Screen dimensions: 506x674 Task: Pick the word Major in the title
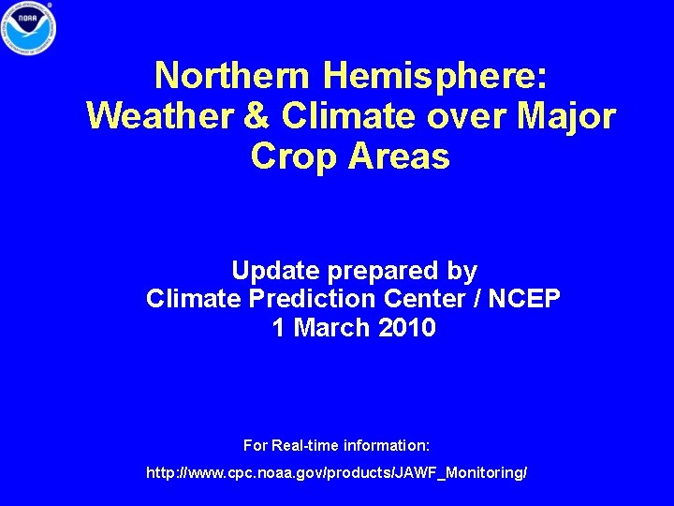coord(564,115)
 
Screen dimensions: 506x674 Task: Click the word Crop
coord(294,157)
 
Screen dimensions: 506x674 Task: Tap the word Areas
coord(399,157)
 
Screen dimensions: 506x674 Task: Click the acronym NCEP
coord(524,300)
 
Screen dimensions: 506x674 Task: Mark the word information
coord(387,444)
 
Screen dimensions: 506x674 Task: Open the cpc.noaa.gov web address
coord(337,473)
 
